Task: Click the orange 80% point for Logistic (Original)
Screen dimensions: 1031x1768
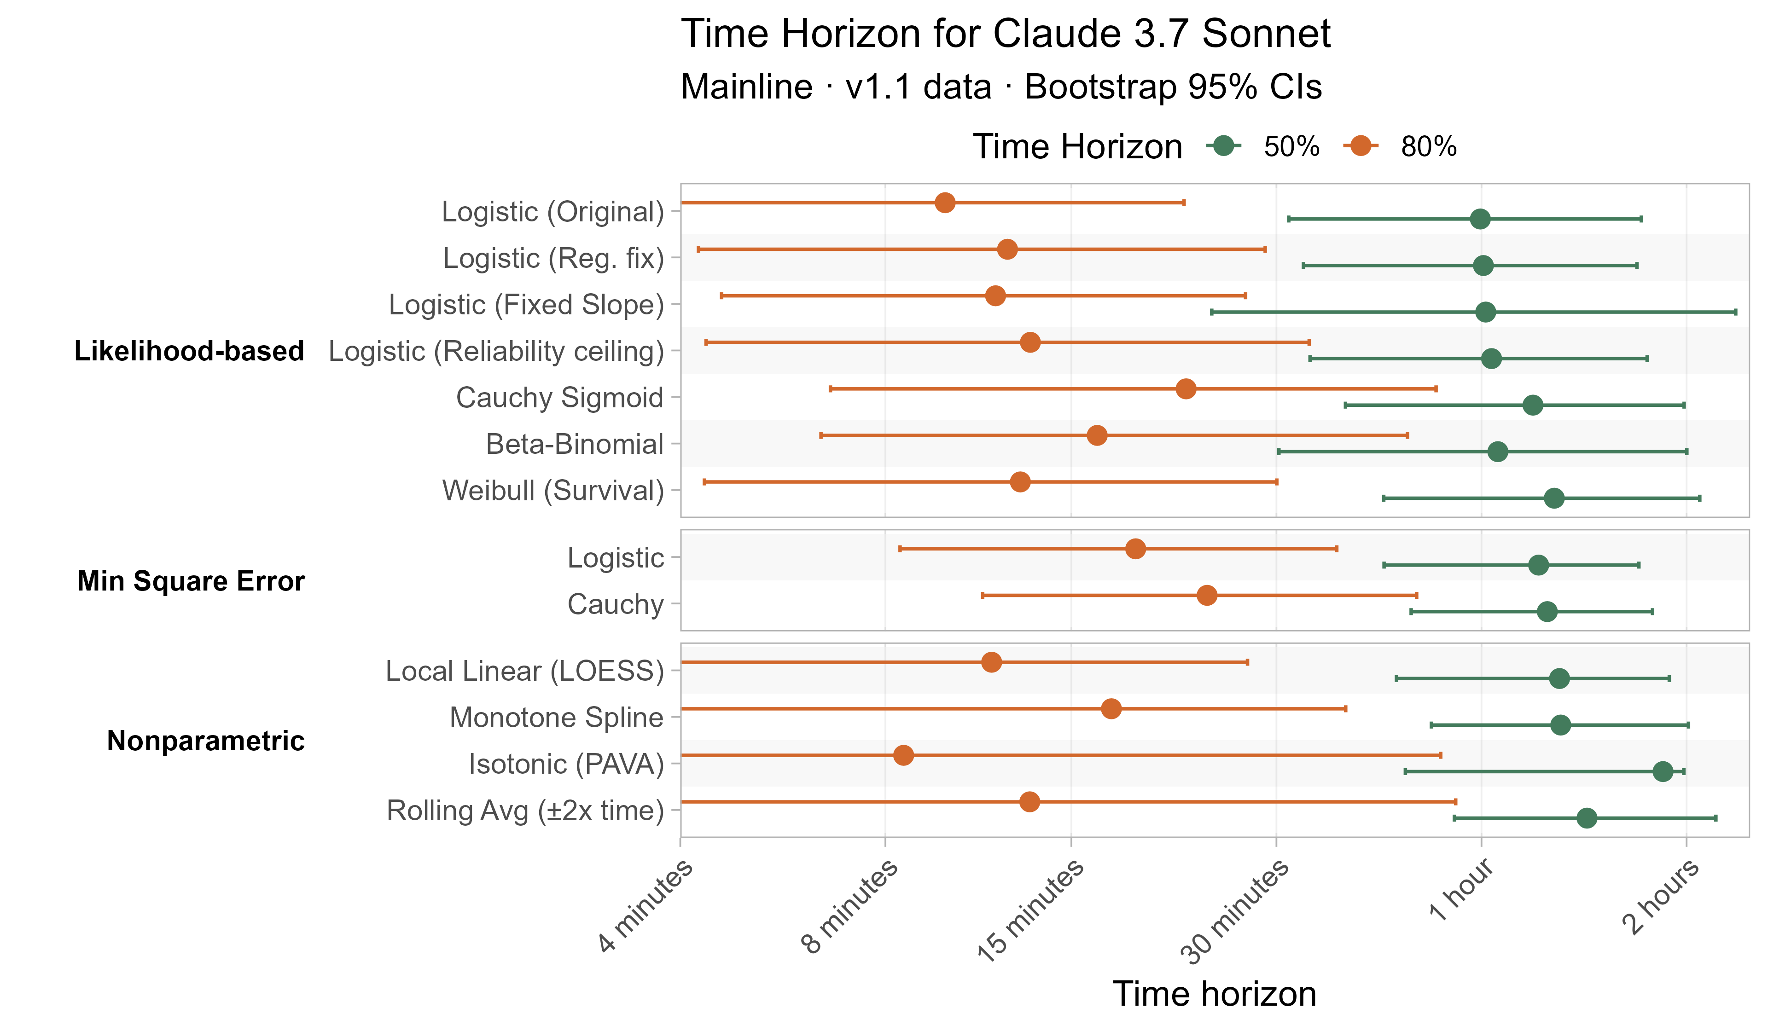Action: pos(945,203)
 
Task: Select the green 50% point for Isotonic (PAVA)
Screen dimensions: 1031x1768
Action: pos(1663,771)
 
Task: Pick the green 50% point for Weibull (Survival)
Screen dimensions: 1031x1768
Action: pos(1554,498)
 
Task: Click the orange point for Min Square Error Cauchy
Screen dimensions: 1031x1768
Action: pos(1207,596)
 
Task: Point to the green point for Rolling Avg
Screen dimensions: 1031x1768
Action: pos(1586,818)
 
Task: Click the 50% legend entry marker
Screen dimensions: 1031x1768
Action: pos(1224,146)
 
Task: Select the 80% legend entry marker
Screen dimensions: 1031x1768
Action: pos(1361,146)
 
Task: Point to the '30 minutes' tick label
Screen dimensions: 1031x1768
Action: pos(1235,912)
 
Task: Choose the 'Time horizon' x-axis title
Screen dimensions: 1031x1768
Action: pos(1215,994)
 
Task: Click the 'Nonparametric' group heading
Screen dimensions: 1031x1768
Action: pos(205,741)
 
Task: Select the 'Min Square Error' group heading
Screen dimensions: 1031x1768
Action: pos(191,581)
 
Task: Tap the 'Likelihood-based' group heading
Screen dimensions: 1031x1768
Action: pos(189,351)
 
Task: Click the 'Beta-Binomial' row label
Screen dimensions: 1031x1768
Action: pos(575,444)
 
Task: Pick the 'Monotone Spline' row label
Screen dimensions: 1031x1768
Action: pos(556,718)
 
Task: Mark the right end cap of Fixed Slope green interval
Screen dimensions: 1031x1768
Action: pos(1736,312)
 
